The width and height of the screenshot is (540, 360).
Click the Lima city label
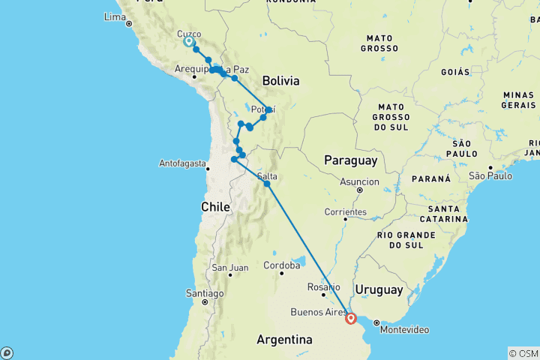(x=114, y=16)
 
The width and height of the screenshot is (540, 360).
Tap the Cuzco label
(x=189, y=34)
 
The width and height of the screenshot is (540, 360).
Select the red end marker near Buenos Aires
(x=350, y=318)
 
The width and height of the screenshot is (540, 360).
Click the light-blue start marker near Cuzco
(x=189, y=43)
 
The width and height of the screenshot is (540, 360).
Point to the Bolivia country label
(x=280, y=80)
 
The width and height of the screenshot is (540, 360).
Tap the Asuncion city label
(x=359, y=181)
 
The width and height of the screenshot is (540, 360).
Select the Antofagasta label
(x=182, y=163)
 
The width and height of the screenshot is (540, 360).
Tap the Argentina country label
(x=284, y=340)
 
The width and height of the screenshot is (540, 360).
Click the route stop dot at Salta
(x=267, y=183)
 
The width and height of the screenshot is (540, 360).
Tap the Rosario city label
(x=325, y=286)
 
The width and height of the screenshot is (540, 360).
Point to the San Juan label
(x=229, y=268)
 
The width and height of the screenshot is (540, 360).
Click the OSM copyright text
(x=523, y=353)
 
